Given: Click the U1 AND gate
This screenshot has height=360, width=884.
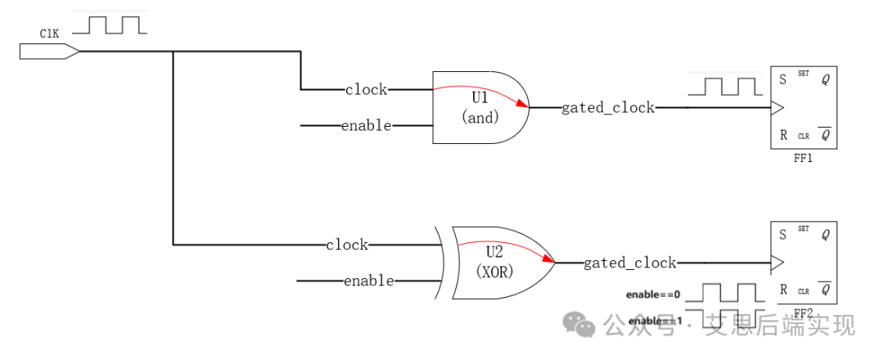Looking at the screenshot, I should pyautogui.click(x=480, y=107).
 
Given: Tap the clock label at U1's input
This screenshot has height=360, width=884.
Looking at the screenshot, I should pyautogui.click(x=366, y=89).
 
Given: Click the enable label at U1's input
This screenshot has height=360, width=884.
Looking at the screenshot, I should pyautogui.click(x=366, y=126).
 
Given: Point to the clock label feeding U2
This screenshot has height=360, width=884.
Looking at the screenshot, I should pyautogui.click(x=347, y=245).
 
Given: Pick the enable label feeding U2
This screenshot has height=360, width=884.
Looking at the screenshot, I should pyautogui.click(x=368, y=281).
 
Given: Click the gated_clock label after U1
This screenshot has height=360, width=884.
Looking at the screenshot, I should pyautogui.click(x=608, y=107).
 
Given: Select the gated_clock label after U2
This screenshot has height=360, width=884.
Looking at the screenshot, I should pyautogui.click(x=629, y=263).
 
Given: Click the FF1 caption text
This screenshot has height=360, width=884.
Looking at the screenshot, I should pyautogui.click(x=803, y=159).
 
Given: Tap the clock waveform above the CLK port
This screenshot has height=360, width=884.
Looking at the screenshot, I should pyautogui.click(x=110, y=25).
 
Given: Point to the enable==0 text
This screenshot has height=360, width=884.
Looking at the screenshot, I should pyautogui.click(x=653, y=295).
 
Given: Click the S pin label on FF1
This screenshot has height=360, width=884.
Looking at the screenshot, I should pyautogui.click(x=783, y=79).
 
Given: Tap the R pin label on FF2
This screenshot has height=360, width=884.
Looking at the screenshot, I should pyautogui.click(x=783, y=290).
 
